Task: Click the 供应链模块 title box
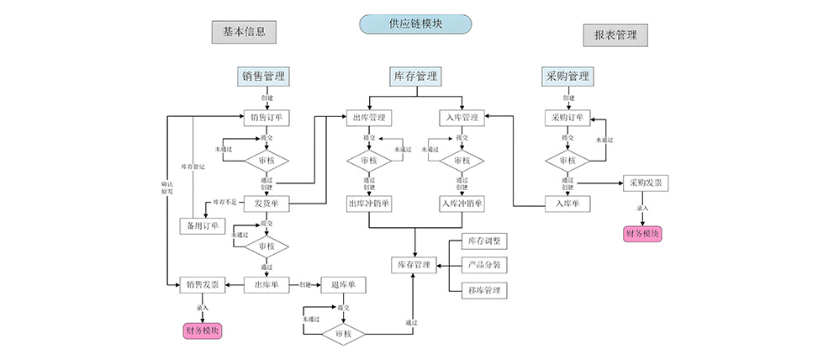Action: pyautogui.click(x=414, y=24)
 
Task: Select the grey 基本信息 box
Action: pyautogui.click(x=244, y=32)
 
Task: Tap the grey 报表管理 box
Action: pyautogui.click(x=615, y=35)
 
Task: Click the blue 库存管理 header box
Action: pyautogui.click(x=415, y=77)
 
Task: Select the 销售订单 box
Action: pyautogui.click(x=267, y=118)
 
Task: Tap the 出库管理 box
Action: pyautogui.click(x=369, y=118)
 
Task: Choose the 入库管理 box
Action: pyautogui.click(x=462, y=118)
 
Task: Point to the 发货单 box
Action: pyautogui.click(x=267, y=203)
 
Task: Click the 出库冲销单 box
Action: pyautogui.click(x=369, y=203)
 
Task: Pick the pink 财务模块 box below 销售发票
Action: pyautogui.click(x=203, y=331)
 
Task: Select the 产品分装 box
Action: pyautogui.click(x=483, y=265)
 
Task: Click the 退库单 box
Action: pyautogui.click(x=344, y=284)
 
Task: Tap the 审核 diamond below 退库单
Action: pyautogui.click(x=343, y=334)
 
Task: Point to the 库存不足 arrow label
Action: pyautogui.click(x=224, y=203)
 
